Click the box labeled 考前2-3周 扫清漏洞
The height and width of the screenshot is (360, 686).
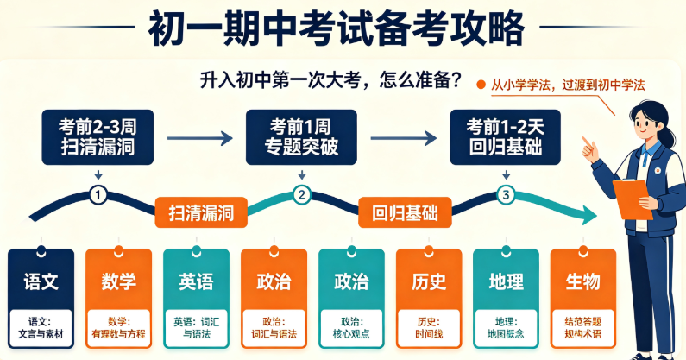pos(98,137)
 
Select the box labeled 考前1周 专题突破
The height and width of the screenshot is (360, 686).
pos(301,137)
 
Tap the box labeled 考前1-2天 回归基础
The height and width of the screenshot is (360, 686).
pos(506,137)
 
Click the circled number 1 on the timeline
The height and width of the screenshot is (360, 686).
pos(98,195)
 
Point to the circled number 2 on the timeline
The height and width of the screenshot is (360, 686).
pos(302,195)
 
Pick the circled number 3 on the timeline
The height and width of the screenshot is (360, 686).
pos(507,195)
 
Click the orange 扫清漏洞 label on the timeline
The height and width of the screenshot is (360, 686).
pos(201,213)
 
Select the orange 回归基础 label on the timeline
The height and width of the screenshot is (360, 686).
pos(405,213)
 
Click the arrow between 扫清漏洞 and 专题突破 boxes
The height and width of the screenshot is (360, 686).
pos(200,138)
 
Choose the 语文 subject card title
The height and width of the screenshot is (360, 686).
pos(41,281)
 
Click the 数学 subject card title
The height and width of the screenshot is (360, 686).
pos(118,281)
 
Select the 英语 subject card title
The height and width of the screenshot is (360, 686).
pos(196,281)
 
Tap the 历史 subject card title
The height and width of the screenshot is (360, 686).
pos(429,281)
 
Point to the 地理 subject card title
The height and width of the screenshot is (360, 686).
pos(507,281)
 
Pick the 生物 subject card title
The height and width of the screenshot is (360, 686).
pos(583,281)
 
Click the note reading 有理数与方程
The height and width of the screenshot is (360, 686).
pos(118,334)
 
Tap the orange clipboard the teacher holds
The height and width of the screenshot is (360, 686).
pos(633,199)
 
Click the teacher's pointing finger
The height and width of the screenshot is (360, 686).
pos(584,141)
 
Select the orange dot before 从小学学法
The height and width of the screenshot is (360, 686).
pos(481,85)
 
